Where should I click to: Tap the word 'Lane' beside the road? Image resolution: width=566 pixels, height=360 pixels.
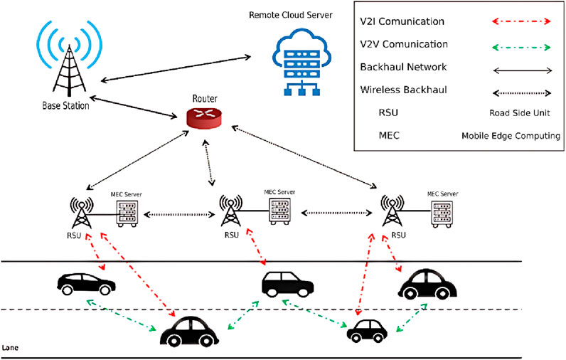12,348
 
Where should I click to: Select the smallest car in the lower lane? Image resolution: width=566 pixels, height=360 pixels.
368,330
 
